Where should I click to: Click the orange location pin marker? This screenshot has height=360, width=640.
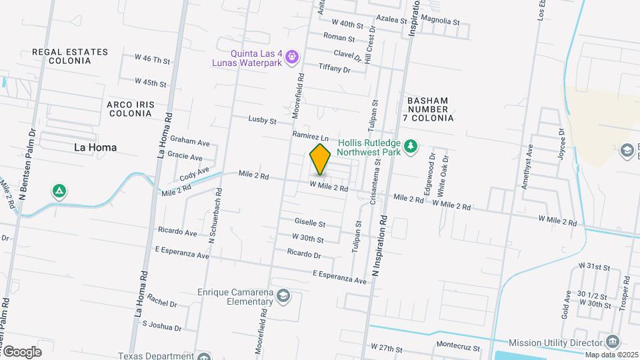[321, 159]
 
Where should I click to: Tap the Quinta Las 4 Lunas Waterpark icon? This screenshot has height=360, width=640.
[291, 59]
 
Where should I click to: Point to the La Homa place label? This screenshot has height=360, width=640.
[95, 147]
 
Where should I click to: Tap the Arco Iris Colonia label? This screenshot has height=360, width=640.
[130, 109]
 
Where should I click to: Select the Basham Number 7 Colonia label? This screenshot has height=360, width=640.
[428, 109]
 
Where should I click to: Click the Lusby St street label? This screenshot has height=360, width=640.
[262, 121]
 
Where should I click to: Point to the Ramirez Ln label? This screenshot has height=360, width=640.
[311, 135]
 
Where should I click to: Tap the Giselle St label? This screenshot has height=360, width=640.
[310, 223]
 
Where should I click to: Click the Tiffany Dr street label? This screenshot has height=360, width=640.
[335, 68]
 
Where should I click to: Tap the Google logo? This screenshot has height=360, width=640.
[22, 351]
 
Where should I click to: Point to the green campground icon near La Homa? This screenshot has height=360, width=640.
[59, 192]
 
